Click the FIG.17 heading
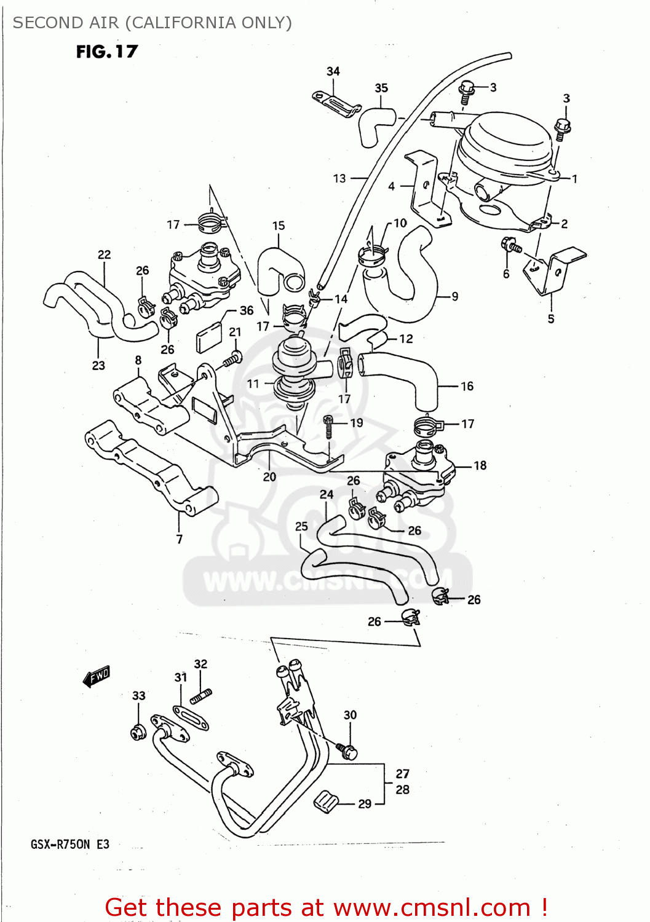point(107,52)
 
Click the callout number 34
point(333,71)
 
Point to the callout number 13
point(339,178)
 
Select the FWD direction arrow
point(97,676)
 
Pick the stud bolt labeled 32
point(202,696)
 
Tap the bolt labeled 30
point(348,750)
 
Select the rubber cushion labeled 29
point(327,802)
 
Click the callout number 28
point(403,789)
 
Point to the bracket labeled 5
point(556,270)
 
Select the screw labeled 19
point(329,425)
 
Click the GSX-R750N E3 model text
point(70,844)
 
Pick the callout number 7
point(179,539)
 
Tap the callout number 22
point(104,254)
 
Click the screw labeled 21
point(233,358)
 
